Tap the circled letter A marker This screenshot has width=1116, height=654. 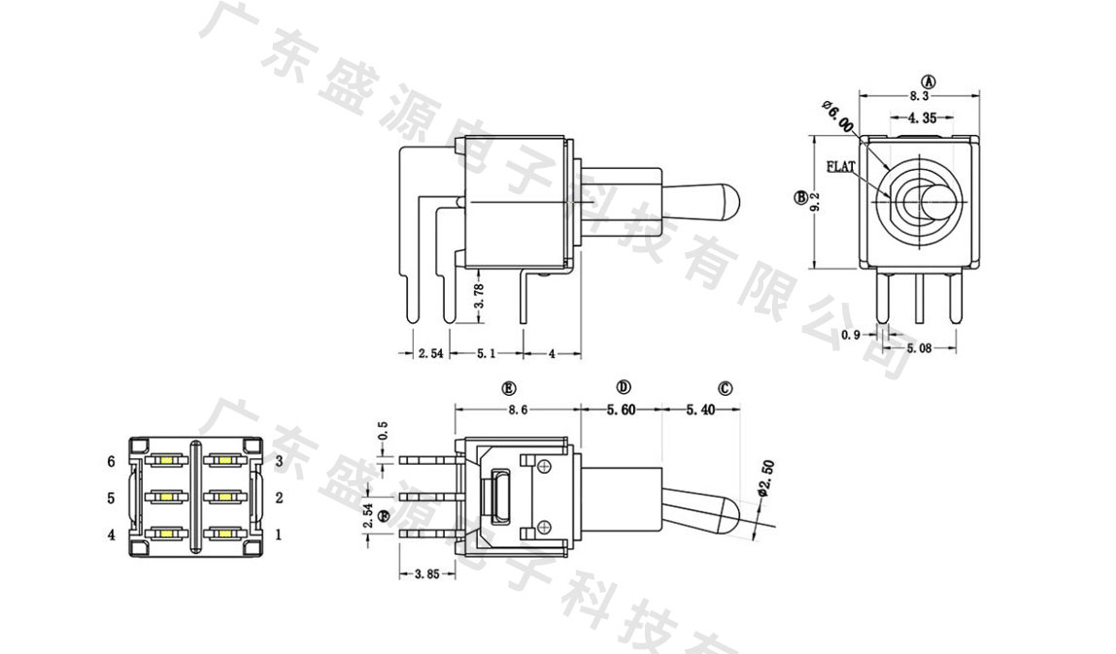pyautogui.click(x=928, y=81)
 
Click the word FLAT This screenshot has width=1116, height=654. pyautogui.click(x=841, y=167)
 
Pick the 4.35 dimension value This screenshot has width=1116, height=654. pyautogui.click(x=922, y=118)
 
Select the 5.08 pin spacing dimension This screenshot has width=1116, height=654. pyautogui.click(x=921, y=347)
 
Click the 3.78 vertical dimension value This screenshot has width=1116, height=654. pyautogui.click(x=479, y=296)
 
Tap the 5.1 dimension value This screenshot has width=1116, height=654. pyautogui.click(x=486, y=353)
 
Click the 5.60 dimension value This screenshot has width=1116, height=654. pyautogui.click(x=621, y=410)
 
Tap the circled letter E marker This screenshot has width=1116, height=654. pyautogui.click(x=508, y=388)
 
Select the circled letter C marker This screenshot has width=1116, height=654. pyautogui.click(x=726, y=388)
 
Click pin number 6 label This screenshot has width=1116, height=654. pyautogui.click(x=112, y=461)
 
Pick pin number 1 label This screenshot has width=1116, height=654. pyautogui.click(x=279, y=534)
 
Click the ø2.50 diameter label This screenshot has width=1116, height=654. pyautogui.click(x=765, y=479)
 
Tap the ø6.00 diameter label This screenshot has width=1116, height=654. pyautogui.click(x=838, y=115)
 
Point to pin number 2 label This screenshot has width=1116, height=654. pyautogui.click(x=279, y=498)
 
